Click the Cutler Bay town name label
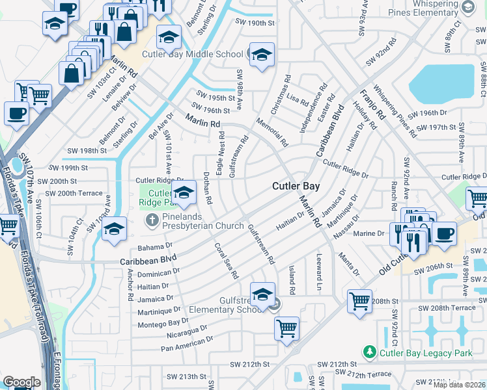(x=296, y=186)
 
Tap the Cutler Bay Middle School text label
(x=192, y=55)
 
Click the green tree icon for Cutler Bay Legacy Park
(x=370, y=352)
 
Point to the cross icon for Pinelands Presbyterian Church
(x=152, y=220)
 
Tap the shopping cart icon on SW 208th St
(x=359, y=302)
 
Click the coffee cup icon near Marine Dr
(x=445, y=233)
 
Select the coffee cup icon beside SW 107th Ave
(x=16, y=112)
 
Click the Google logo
(x=21, y=382)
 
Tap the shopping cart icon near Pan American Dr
(x=286, y=328)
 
